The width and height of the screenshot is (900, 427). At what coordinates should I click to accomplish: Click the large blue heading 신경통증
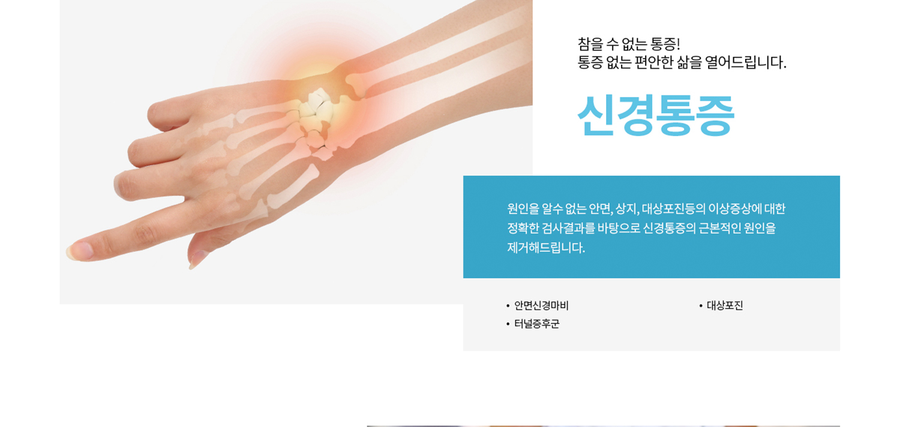pyautogui.click(x=656, y=116)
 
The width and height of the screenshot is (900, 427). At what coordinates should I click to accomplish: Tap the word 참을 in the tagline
pyautogui.click(x=590, y=44)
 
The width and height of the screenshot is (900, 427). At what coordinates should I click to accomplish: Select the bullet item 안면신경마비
pyautogui.click(x=541, y=306)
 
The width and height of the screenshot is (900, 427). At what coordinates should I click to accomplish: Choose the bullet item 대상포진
pyautogui.click(x=725, y=306)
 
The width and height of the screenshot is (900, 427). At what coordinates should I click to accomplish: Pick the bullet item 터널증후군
pyautogui.click(x=537, y=324)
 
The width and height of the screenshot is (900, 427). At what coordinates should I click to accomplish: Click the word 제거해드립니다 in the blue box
pyautogui.click(x=546, y=248)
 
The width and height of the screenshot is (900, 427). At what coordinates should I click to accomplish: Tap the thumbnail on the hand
pyautogui.click(x=197, y=259)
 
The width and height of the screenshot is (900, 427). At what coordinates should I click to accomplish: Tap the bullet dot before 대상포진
pyautogui.click(x=701, y=306)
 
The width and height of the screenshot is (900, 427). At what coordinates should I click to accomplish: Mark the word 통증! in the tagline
pyautogui.click(x=663, y=44)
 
